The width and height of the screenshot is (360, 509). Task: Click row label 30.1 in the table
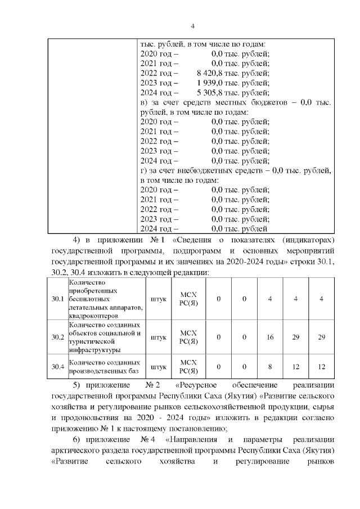(x=57, y=299)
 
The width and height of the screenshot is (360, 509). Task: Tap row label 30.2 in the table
(x=57, y=337)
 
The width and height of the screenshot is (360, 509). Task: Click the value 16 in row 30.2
(x=270, y=337)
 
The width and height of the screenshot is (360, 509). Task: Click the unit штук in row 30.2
(x=159, y=337)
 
